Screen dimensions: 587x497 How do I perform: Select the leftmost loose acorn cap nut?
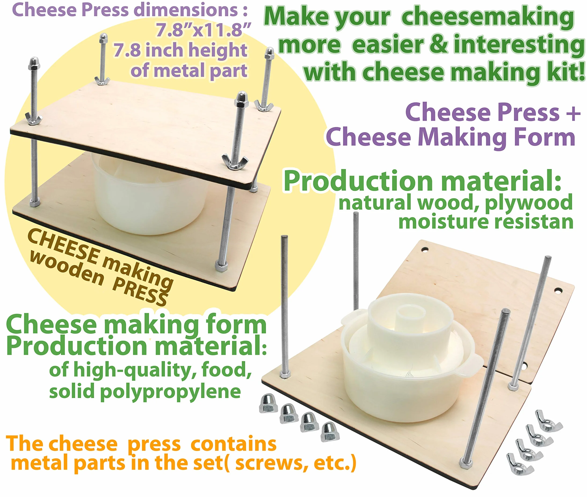pos(268,403)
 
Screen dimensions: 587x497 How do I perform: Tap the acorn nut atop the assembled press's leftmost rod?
pos(34,63)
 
